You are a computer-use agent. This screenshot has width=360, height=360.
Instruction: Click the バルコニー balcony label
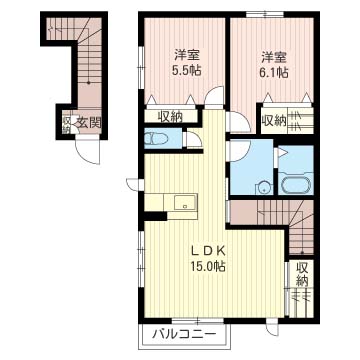[184, 334]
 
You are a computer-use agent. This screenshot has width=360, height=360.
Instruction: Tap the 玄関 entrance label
[88, 123]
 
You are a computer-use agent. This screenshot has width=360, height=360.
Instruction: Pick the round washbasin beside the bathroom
[264, 188]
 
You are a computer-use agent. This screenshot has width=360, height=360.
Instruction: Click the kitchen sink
[185, 202]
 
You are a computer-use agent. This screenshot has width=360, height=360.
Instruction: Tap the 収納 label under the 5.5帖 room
[170, 117]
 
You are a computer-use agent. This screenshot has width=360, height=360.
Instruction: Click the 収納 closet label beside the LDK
[302, 274]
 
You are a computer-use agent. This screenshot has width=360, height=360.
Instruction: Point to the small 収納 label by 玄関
[66, 125]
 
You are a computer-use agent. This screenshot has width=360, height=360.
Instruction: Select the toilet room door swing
[194, 139]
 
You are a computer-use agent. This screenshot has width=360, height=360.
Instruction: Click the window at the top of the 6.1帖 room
[265, 14]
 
